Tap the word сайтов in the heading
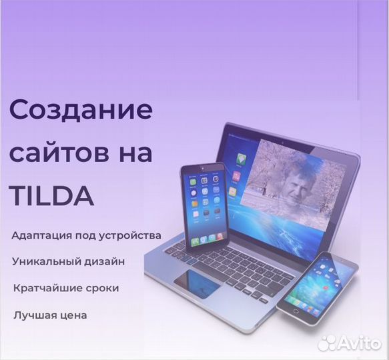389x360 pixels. pos(59,153)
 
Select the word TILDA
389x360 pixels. pos(52,196)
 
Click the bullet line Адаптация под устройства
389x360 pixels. pos(86,236)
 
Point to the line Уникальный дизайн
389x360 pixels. pos(68,262)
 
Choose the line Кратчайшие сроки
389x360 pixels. pos(66,289)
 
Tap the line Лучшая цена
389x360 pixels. pos(50,315)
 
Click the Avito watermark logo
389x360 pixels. pos(350,343)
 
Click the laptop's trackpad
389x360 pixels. pos(198,283)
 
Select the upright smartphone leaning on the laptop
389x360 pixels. pos(204,207)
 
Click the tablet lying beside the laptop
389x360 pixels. pos(318,288)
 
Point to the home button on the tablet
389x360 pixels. pos(296,311)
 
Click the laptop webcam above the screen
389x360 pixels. pos(283,143)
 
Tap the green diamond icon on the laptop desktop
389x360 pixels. pos(240,159)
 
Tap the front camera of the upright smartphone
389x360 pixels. pos(203,169)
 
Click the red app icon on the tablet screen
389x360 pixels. pos(326,288)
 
